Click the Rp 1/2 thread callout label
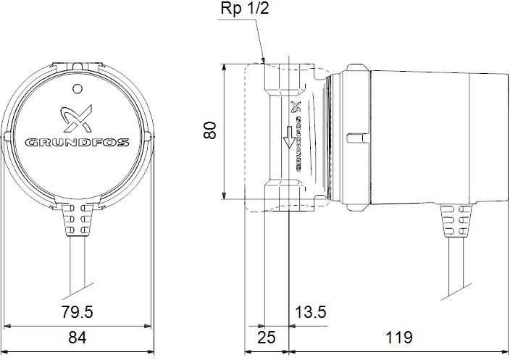coord(245,9)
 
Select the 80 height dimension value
coord(210,130)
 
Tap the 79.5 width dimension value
coord(77,312)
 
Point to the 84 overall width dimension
coord(78,338)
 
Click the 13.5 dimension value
coord(310,312)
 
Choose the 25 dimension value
coord(267,338)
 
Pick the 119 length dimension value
coord(399,338)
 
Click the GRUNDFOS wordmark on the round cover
coord(78,143)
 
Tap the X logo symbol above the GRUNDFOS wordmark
coord(77,118)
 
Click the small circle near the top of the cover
coord(77,88)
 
